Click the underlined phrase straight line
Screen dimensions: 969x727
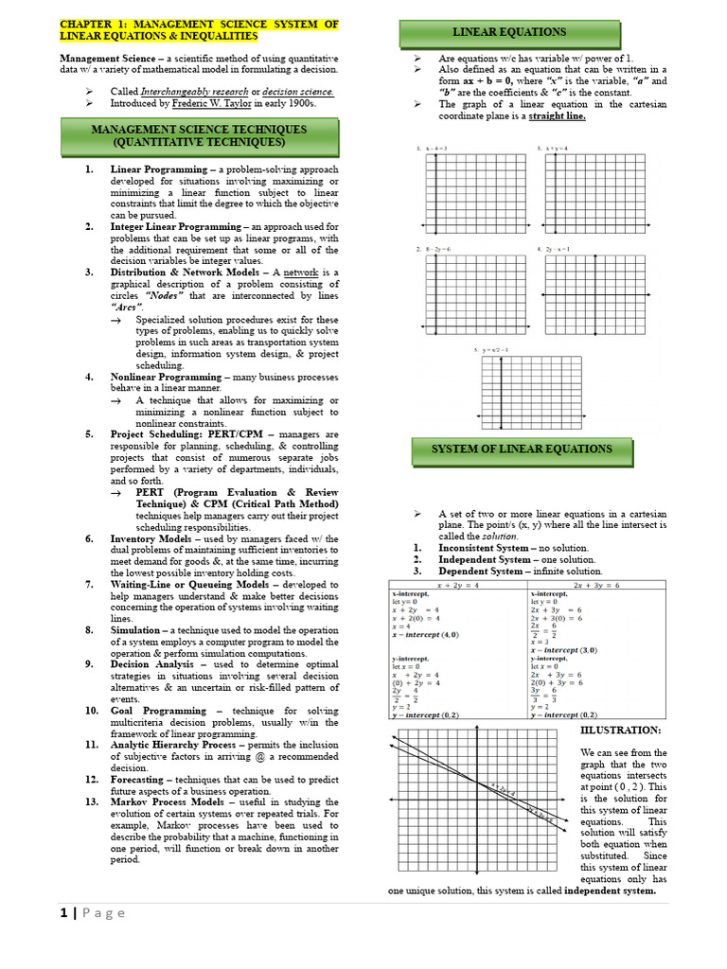point(557,116)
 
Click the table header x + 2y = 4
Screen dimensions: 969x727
point(458,586)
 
